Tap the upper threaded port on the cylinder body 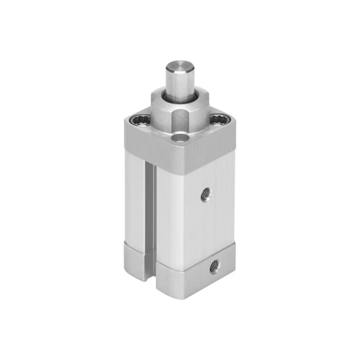pos(206,194)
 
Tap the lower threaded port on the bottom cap pos(214,266)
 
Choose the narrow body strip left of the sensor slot pos(135,198)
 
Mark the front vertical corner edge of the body pos(157,222)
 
